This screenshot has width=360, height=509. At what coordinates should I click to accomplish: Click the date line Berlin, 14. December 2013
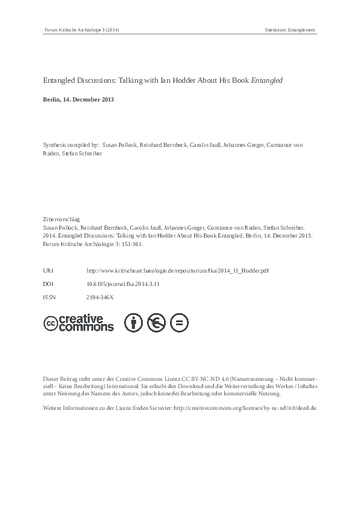pos(78,99)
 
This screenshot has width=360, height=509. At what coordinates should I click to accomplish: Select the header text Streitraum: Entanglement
pos(289,30)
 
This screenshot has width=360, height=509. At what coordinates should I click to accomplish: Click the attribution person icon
pos(133,323)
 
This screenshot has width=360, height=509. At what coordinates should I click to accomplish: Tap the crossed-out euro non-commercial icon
pos(156,323)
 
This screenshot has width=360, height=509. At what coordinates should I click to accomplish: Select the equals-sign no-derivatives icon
pos(179,323)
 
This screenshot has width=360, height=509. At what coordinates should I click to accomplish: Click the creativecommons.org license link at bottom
pos(245,408)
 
